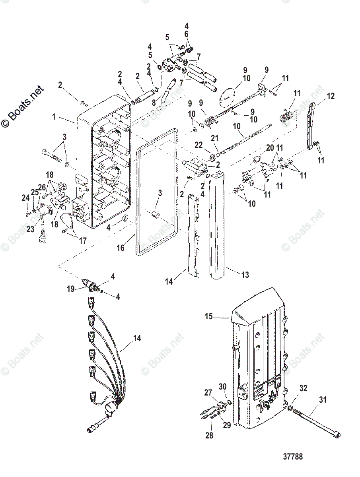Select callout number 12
click(x=331, y=96)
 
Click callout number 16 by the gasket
click(x=120, y=248)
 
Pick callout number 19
click(x=70, y=289)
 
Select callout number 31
click(x=323, y=399)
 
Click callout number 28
click(x=209, y=436)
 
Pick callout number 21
click(x=215, y=138)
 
